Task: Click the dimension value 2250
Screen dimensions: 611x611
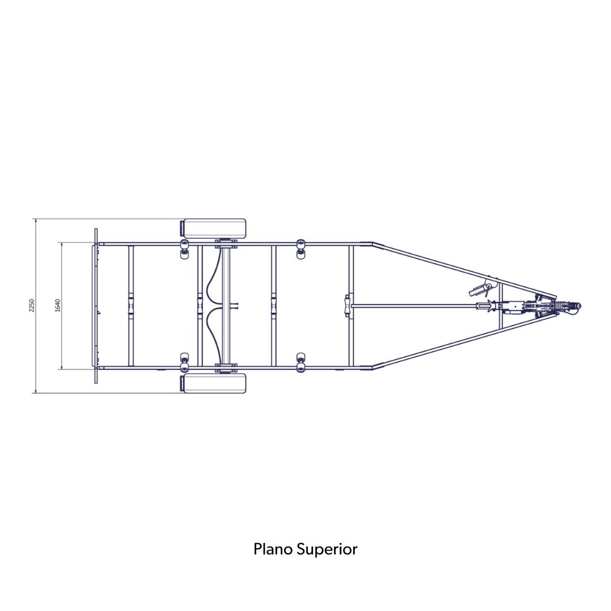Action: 32,305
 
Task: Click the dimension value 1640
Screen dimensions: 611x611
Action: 58,305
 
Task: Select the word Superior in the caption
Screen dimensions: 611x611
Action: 327,550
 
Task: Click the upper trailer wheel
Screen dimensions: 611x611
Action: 215,229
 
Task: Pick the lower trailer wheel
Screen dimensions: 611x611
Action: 215,383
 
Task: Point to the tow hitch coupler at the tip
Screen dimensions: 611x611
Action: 571,306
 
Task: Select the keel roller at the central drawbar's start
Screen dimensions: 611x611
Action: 347,306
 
